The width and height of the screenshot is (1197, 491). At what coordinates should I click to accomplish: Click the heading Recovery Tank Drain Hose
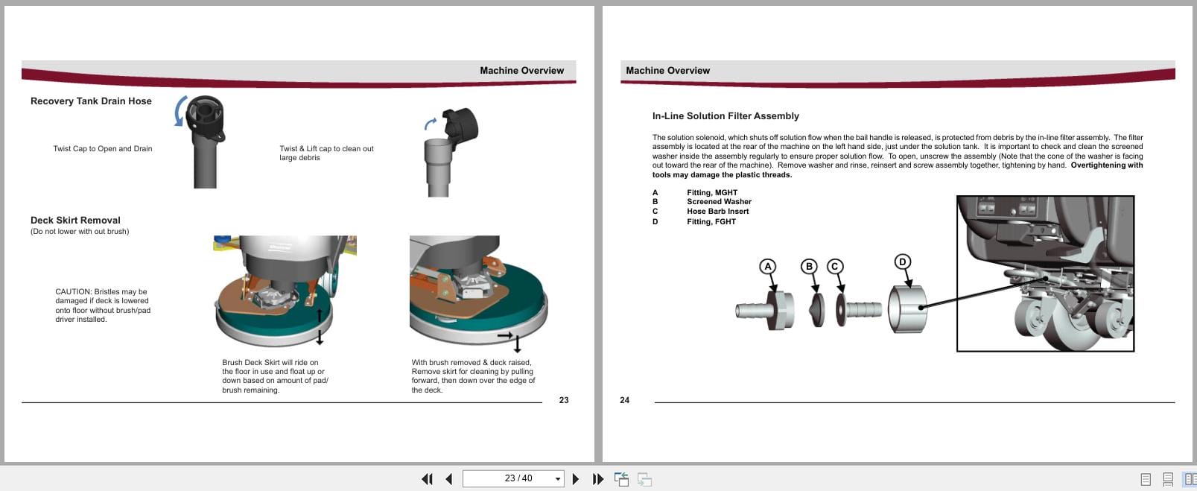91,101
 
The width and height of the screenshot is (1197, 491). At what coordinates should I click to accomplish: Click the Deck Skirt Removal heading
75,221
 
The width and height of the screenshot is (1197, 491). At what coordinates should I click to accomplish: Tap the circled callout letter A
768,266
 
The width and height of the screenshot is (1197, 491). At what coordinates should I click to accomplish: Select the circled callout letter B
809,266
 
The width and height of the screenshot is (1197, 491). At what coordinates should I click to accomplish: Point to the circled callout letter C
835,266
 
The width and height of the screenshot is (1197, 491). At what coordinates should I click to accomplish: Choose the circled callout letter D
902,262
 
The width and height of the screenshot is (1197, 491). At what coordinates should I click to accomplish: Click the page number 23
564,400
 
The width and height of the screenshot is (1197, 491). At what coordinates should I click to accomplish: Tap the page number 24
624,400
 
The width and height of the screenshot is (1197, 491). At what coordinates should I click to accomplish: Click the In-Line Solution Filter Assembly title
725,116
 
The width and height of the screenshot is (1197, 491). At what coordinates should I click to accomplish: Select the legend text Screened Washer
719,202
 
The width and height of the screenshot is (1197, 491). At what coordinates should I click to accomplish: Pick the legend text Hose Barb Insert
717,212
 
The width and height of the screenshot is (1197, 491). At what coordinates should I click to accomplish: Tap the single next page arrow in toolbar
575,479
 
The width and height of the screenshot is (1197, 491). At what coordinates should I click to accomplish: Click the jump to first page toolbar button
427,479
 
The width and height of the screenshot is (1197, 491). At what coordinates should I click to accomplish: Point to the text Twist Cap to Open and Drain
103,149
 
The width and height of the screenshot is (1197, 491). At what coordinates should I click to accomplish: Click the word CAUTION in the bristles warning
73,292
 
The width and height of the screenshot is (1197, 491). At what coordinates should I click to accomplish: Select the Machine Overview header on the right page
667,71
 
